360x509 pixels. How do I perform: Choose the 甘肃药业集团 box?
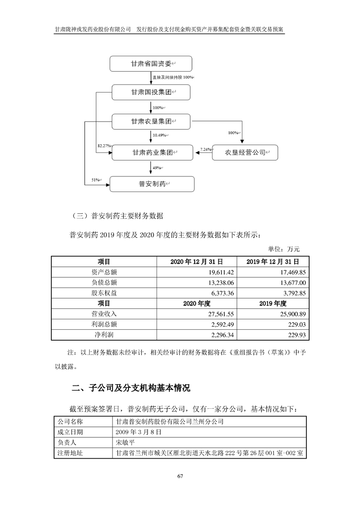[153, 153]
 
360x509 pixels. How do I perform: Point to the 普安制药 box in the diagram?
[152, 184]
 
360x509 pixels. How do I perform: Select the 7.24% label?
[206, 149]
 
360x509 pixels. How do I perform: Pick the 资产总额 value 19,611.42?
[219, 272]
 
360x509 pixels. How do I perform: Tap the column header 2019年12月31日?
[272, 262]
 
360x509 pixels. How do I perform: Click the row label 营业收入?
[104, 314]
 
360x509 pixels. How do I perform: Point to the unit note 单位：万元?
[287, 249]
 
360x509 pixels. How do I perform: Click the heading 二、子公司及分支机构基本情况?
[131, 388]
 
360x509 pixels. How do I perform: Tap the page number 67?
[180, 476]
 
